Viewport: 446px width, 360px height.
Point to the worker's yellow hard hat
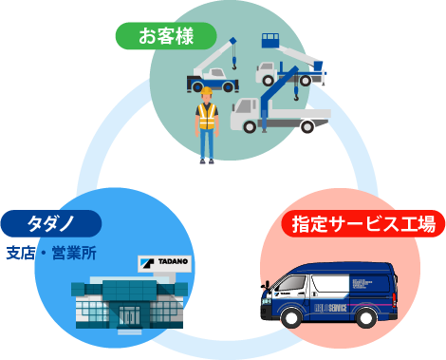207,93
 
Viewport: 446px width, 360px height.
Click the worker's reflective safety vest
207,118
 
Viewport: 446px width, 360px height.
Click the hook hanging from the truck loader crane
297,95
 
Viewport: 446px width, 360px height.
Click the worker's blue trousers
207,144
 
